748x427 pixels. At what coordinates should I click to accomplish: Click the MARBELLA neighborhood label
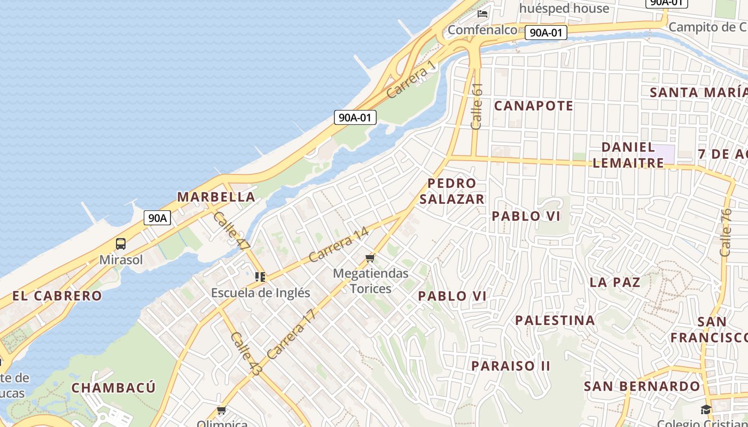216,197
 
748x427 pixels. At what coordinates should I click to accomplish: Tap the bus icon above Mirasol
121,244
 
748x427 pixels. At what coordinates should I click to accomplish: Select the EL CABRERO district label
57,296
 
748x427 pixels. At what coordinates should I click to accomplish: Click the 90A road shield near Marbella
157,218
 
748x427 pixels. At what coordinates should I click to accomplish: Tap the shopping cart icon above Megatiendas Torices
370,259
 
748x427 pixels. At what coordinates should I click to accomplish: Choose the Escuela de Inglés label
260,292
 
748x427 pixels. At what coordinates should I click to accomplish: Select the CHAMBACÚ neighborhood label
113,388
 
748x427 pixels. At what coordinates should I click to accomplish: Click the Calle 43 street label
246,353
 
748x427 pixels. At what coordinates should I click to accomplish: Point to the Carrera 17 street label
292,334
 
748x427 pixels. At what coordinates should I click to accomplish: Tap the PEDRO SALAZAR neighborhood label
452,191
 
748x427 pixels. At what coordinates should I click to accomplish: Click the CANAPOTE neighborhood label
533,106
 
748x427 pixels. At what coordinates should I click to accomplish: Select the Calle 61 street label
477,106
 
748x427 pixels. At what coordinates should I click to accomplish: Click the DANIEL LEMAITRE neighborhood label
628,155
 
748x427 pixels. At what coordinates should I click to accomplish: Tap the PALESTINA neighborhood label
555,320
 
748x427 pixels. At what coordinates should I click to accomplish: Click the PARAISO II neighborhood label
510,366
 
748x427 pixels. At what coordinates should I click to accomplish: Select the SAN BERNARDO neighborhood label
642,386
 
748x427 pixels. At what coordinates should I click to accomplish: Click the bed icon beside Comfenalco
483,14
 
